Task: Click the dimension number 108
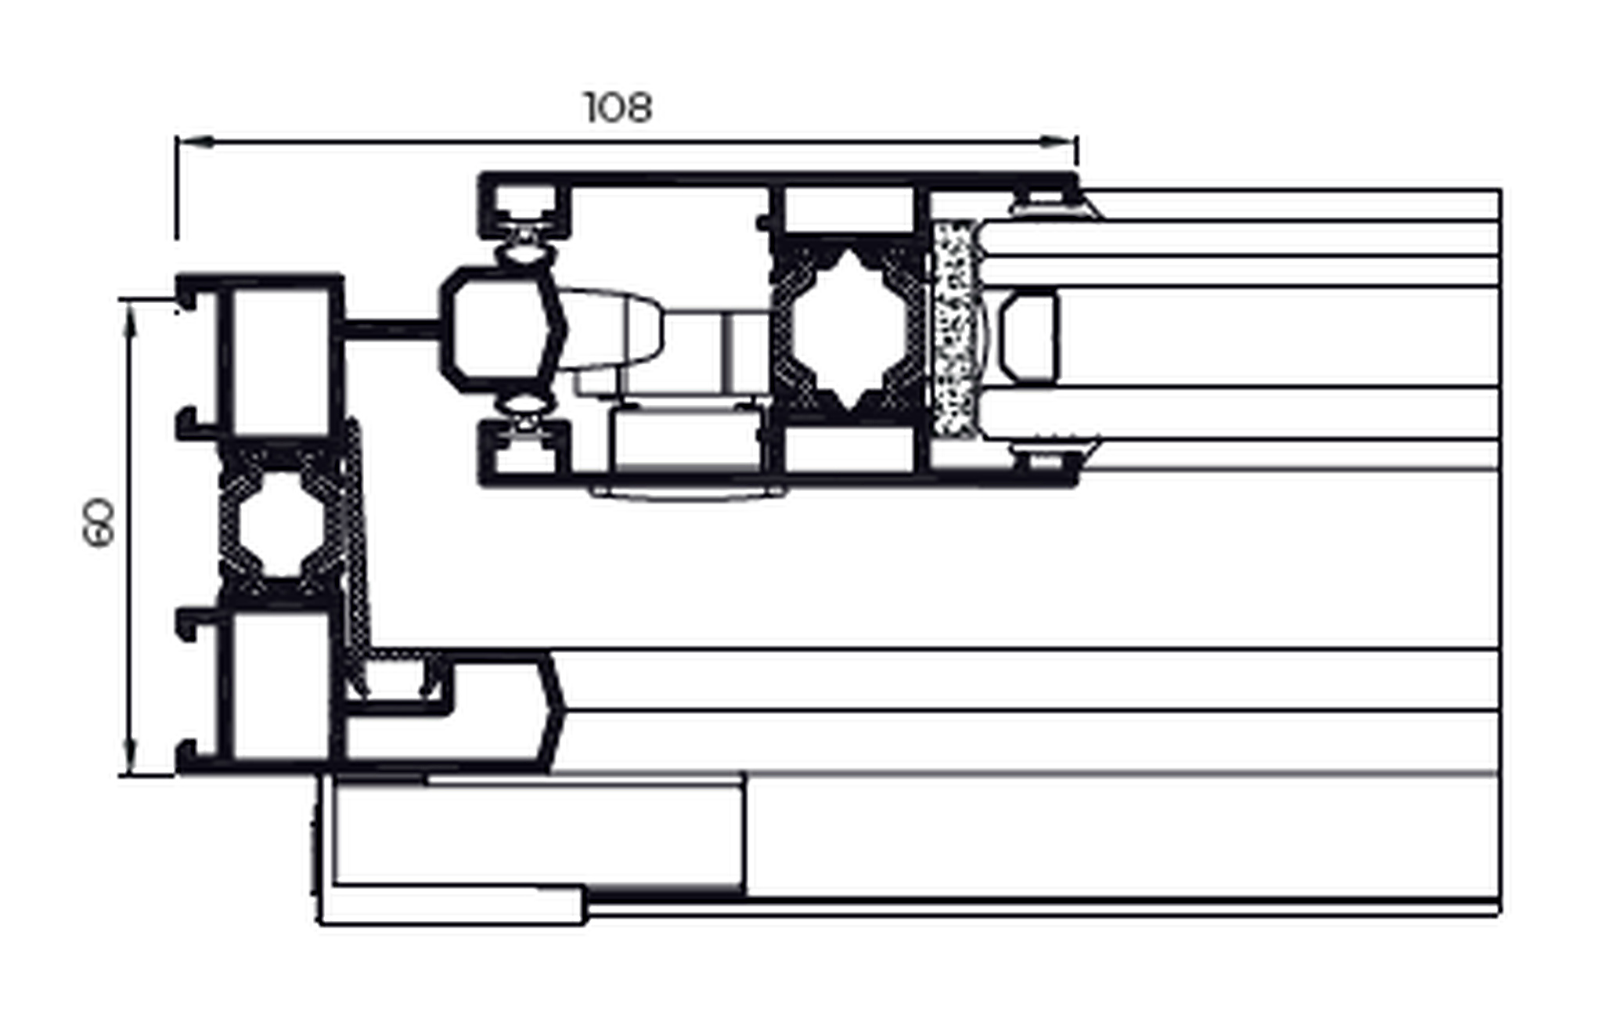(618, 107)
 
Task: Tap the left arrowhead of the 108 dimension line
(194, 142)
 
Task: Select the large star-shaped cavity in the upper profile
(850, 330)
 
